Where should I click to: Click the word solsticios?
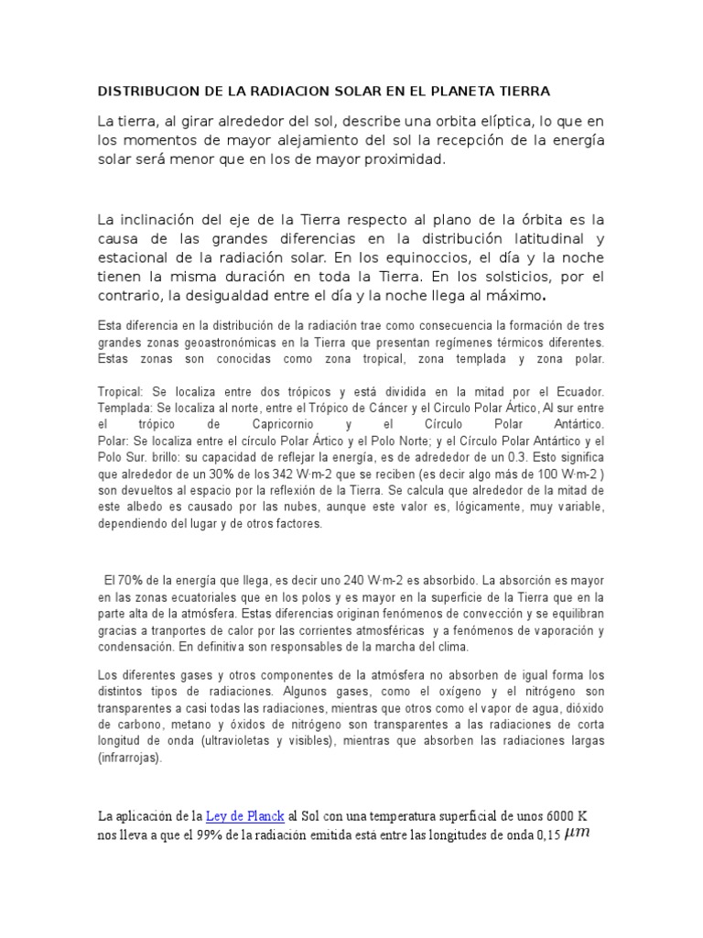(518, 277)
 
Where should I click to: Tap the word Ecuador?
(577, 391)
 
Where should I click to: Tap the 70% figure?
(130, 581)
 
